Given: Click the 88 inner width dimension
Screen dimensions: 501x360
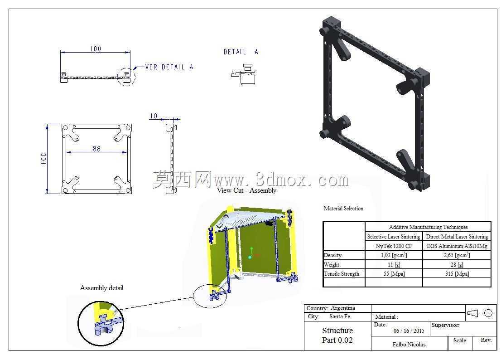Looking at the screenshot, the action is tap(96, 149).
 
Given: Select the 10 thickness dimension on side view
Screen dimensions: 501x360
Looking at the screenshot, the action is tap(154, 116).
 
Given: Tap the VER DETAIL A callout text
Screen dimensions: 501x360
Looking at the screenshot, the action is tap(169, 67).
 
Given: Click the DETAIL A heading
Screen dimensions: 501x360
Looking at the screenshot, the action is tap(241, 52).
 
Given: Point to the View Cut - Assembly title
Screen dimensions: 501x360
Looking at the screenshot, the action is tap(247, 190).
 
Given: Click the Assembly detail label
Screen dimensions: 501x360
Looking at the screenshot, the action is tap(101, 288).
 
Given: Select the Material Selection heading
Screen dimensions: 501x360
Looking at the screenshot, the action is tap(343, 209).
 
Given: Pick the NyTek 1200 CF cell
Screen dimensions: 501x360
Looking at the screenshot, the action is tap(394, 246).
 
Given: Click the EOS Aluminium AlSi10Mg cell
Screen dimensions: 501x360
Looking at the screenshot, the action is tap(457, 246).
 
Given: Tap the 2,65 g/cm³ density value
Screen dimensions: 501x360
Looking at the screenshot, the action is tap(457, 255).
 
